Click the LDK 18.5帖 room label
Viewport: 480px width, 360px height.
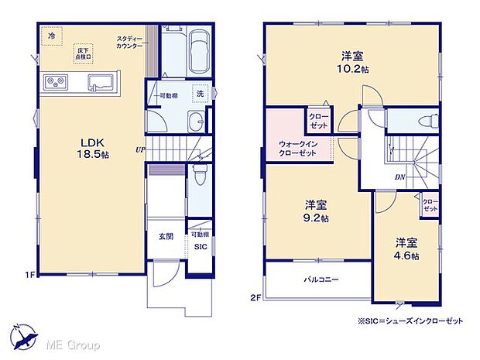point(90,148)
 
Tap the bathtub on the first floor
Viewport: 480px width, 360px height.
point(199,48)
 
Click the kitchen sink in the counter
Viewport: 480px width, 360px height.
point(100,81)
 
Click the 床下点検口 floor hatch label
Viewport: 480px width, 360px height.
point(83,52)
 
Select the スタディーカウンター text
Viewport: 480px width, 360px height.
point(129,43)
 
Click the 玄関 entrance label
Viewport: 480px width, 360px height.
point(166,237)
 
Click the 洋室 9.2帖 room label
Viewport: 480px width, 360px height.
point(316,211)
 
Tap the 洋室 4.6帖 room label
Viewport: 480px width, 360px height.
point(406,249)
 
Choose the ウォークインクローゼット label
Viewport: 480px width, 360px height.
point(297,149)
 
